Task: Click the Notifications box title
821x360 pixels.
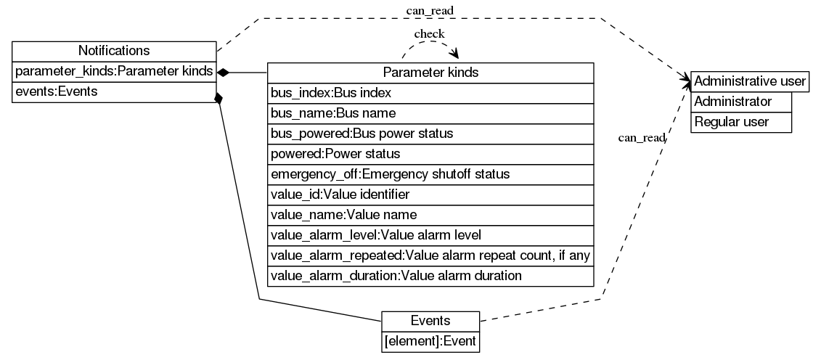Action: point(114,51)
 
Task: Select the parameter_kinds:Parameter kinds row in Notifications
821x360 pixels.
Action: point(114,72)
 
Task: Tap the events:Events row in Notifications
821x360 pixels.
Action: point(114,92)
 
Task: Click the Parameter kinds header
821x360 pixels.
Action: point(430,73)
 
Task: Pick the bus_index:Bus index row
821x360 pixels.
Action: point(430,93)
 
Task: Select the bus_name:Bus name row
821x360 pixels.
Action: point(430,113)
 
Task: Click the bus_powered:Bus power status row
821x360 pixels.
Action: point(430,134)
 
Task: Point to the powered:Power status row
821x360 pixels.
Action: point(430,154)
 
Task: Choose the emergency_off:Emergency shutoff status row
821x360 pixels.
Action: point(430,174)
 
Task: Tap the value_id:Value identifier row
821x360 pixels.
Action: point(430,195)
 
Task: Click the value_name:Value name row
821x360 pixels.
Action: point(430,215)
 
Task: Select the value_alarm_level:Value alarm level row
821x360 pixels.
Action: point(430,235)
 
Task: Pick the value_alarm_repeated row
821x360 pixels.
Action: point(430,255)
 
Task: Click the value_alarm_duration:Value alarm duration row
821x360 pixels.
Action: point(430,276)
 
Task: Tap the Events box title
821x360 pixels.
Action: point(430,321)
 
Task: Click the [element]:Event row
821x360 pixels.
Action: point(430,341)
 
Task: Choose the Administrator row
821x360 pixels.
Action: point(740,102)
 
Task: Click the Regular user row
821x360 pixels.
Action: point(740,122)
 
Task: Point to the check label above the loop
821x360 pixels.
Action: point(429,34)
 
